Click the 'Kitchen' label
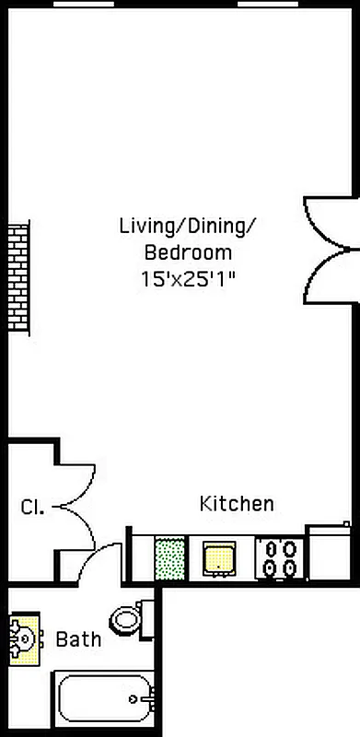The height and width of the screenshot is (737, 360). (237, 504)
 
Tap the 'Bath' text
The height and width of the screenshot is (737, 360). (78, 639)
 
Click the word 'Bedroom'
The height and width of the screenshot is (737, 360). (188, 252)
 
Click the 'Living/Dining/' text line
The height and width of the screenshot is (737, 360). (189, 225)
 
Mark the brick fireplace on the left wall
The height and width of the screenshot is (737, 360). (18, 276)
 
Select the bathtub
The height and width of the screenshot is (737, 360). (105, 698)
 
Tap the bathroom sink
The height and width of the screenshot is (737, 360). (24, 638)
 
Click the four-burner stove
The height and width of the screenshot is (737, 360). (280, 557)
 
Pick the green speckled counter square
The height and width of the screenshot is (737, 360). (169, 558)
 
